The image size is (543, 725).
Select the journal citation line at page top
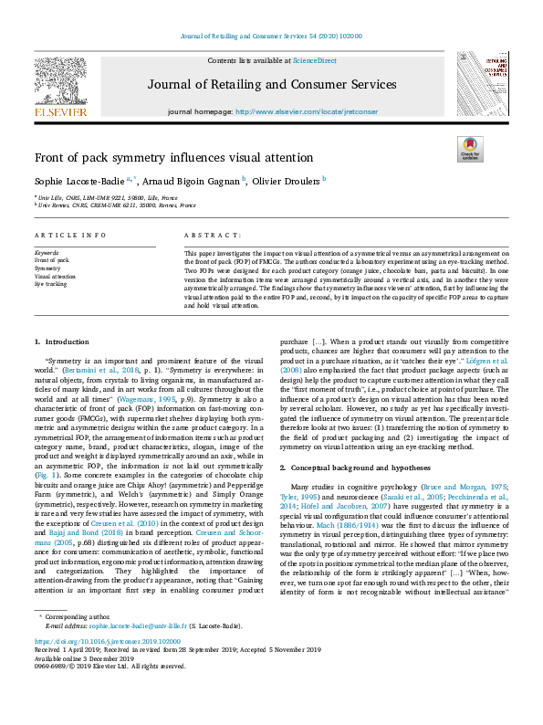[273, 36]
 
